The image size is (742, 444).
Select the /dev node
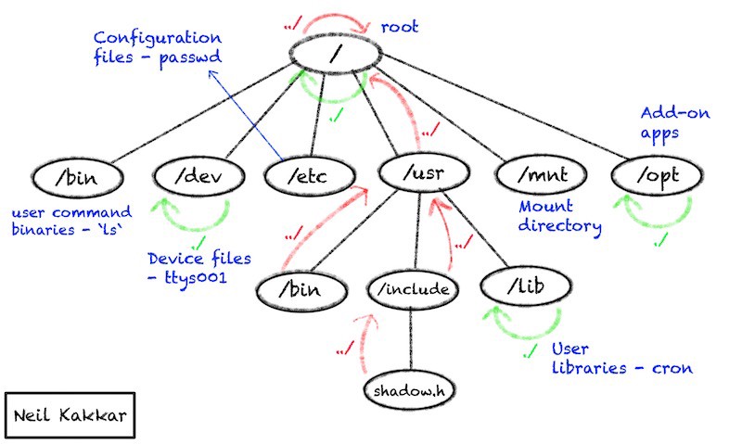[199, 173]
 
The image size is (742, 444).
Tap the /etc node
[308, 173]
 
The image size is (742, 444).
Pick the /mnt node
[539, 173]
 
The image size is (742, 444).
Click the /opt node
[655, 172]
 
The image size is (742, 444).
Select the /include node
[416, 289]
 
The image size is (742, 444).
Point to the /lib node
[525, 288]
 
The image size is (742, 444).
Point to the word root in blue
[402, 27]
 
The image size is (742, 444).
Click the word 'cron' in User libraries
[674, 368]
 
